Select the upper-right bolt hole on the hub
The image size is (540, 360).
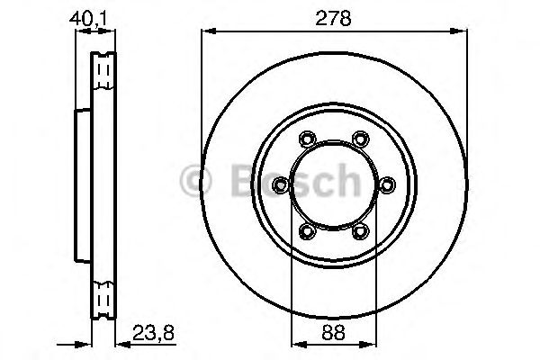(361, 139)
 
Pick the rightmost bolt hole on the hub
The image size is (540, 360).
(388, 185)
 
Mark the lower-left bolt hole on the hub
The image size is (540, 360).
(307, 232)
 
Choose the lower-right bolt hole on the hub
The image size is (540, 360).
(361, 232)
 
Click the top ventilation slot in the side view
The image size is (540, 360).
(104, 69)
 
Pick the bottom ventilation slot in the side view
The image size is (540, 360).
(104, 294)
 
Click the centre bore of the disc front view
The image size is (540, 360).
(334, 185)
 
